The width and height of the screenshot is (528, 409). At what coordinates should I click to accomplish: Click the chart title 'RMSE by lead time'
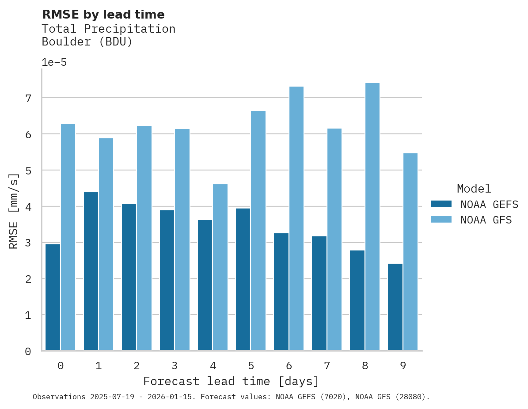(103, 15)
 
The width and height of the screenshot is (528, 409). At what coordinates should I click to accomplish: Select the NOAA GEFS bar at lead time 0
(53, 297)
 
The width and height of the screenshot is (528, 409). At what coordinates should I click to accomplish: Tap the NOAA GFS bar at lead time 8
(372, 217)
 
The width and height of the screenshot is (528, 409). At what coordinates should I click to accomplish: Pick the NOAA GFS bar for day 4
(220, 267)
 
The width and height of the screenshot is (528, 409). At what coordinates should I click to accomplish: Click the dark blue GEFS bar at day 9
(395, 307)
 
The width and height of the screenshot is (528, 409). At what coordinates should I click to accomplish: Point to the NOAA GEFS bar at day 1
(91, 271)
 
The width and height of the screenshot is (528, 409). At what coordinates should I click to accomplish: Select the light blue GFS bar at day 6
(296, 219)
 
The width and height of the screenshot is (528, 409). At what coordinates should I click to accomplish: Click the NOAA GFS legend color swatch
(441, 220)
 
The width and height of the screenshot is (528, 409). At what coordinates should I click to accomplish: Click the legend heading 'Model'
(474, 189)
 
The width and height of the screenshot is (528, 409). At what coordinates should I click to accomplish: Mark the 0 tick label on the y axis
(28, 352)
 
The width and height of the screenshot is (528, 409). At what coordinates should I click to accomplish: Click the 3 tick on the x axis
(175, 366)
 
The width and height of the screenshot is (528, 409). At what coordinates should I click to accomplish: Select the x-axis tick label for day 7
(327, 366)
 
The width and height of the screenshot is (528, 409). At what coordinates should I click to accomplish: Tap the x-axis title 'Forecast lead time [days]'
(231, 381)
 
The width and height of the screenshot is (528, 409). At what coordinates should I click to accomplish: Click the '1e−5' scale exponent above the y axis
(54, 62)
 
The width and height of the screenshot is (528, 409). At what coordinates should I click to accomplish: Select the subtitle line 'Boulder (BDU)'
(87, 42)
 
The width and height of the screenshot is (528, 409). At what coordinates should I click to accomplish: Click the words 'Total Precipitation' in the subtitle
(108, 29)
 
